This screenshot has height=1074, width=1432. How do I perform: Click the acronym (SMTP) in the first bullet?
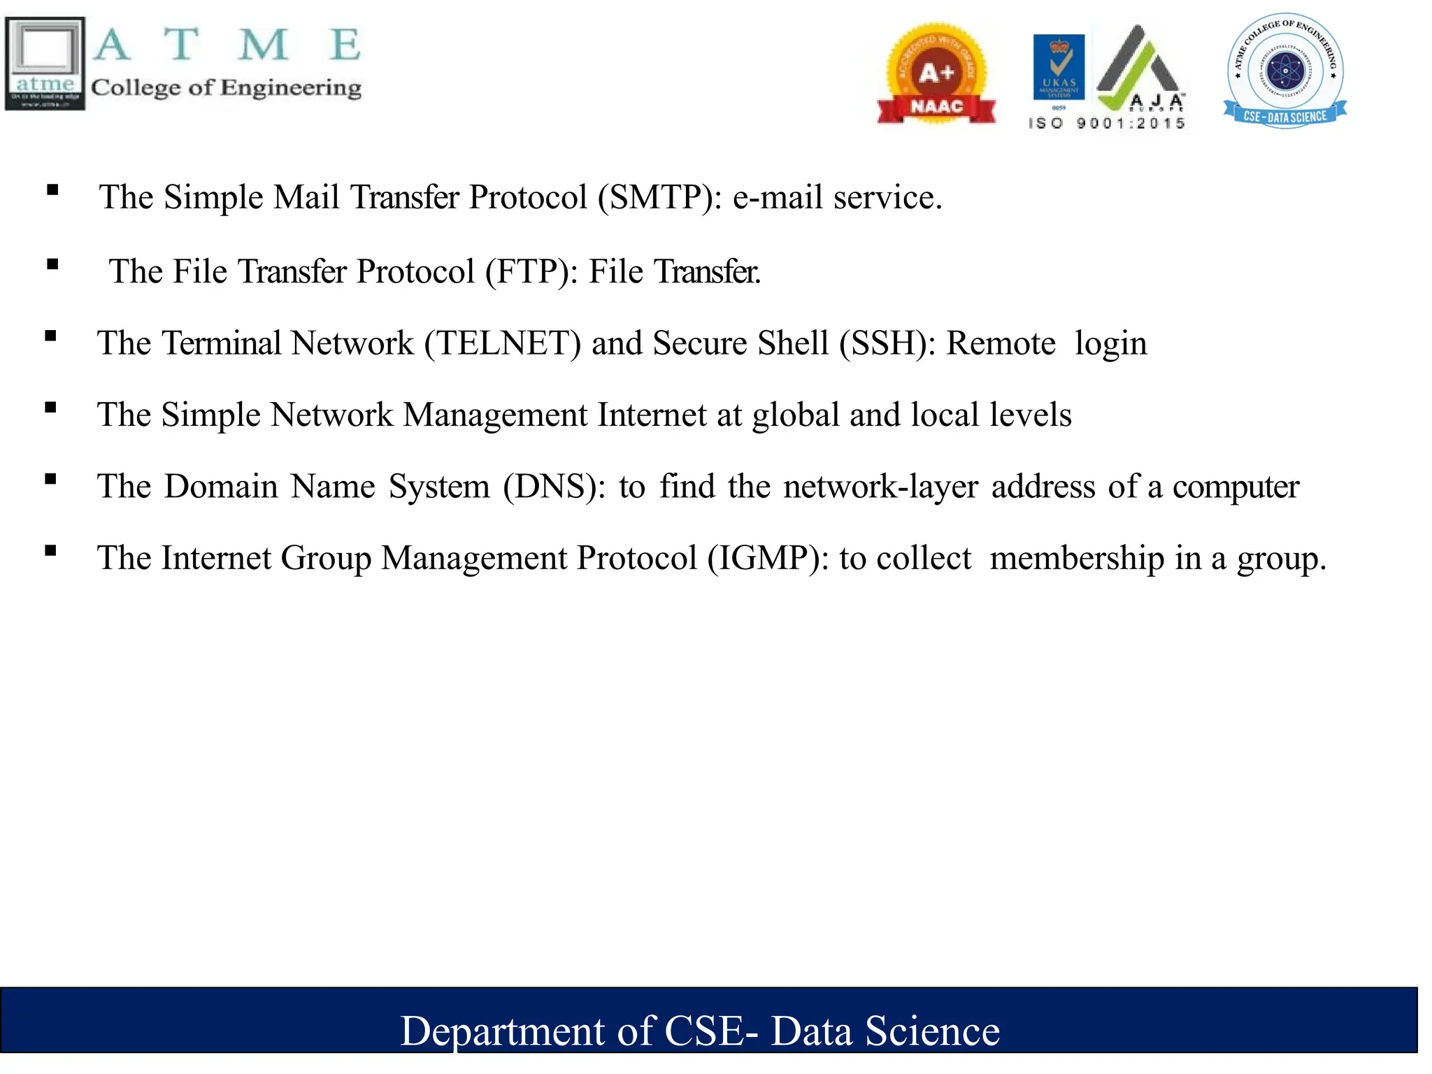pos(659,198)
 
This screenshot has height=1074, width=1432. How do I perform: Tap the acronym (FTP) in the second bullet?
pos(532,272)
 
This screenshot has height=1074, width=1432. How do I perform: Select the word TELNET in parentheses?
pos(503,344)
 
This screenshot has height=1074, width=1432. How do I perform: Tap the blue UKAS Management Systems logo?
pos(1059,69)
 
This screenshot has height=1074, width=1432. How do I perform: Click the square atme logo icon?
pos(45,64)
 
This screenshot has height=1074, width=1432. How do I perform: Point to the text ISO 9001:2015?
pos(1106,124)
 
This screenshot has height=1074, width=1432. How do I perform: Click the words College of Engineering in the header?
pos(226,88)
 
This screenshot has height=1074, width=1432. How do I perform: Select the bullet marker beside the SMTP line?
pos(52,190)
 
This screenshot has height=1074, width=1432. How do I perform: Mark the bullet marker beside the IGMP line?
pos(50,551)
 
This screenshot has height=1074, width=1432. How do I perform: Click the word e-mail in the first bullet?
pos(778,198)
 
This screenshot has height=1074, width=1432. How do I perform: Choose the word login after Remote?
pos(1110,344)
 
